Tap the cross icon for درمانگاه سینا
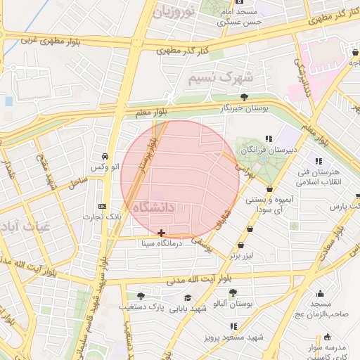(x=162, y=232)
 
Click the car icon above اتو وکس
(x=104, y=156)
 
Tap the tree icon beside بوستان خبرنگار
(x=244, y=97)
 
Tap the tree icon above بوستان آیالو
(x=233, y=292)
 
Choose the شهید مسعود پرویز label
(x=233, y=337)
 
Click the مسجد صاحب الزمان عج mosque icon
(x=321, y=294)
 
